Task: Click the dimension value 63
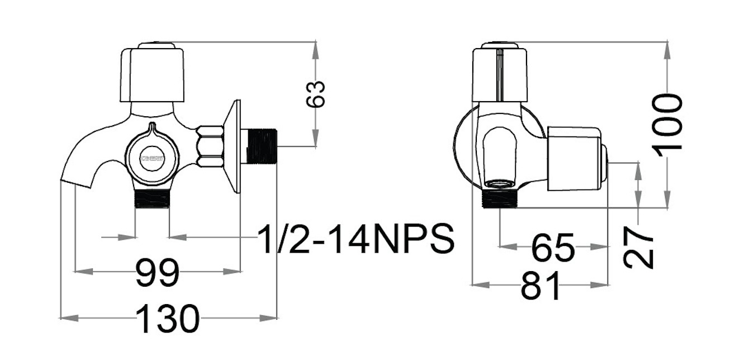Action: (316, 94)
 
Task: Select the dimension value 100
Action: (669, 122)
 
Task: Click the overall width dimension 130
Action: (167, 319)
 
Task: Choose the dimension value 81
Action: (540, 286)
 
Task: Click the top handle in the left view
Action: (153, 74)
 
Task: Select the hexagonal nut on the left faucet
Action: (210, 146)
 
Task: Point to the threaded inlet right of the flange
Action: (262, 146)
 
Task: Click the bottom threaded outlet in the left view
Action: (153, 198)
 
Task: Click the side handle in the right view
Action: (576, 158)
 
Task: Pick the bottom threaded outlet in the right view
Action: (499, 198)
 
